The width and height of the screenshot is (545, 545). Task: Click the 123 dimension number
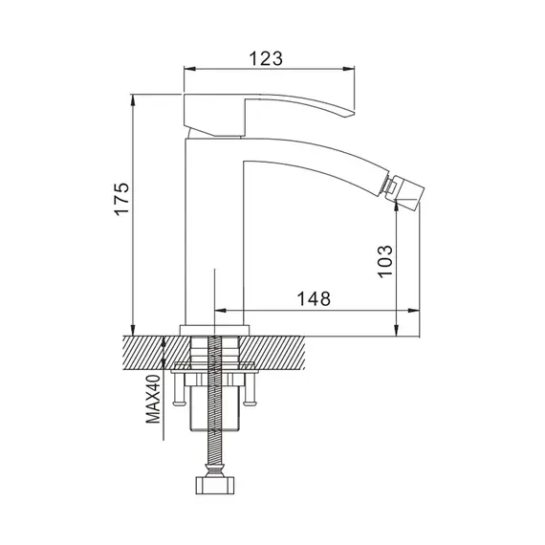(x=266, y=58)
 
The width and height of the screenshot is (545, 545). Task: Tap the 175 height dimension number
(x=122, y=199)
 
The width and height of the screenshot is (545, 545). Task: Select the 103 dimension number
(x=385, y=261)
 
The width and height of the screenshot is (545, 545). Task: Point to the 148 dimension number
(x=314, y=298)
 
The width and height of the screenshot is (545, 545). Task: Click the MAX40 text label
(x=153, y=399)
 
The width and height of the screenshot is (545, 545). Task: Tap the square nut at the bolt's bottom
(x=215, y=485)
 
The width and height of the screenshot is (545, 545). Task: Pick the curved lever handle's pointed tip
(x=352, y=114)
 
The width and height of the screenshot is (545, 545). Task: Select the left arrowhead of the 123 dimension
(x=189, y=69)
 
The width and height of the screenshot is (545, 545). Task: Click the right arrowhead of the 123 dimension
(x=348, y=69)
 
